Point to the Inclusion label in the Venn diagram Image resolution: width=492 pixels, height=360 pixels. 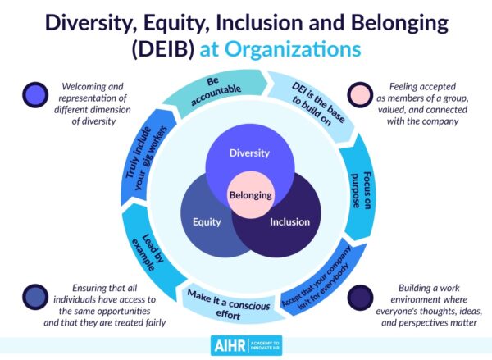(x=289, y=221)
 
